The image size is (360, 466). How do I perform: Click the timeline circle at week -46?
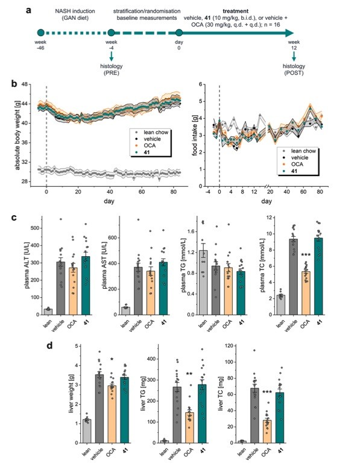click(x=40, y=34)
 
